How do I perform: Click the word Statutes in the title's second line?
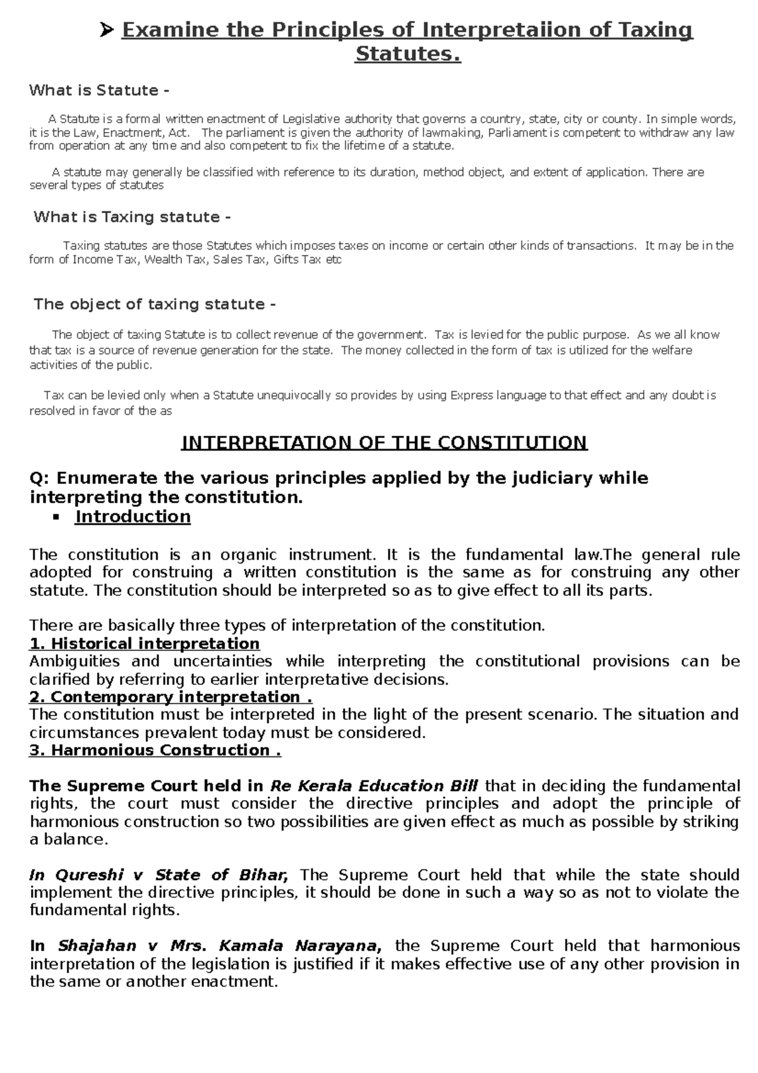coord(407,54)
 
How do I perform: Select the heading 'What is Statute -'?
coord(99,90)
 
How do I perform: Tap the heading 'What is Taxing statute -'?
coord(132,217)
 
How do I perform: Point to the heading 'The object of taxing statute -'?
coord(154,304)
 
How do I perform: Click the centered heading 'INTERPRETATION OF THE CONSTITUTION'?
coord(384,442)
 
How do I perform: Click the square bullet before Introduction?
coord(56,518)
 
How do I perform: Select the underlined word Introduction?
coord(133,517)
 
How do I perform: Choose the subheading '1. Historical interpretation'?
coord(145,644)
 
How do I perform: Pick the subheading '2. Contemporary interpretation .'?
coord(171,697)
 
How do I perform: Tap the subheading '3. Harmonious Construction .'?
coord(155,750)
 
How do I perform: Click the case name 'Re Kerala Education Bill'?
coord(374,786)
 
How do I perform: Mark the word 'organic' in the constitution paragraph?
coord(248,555)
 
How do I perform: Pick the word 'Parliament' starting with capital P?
coord(517,133)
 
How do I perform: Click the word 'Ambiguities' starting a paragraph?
coord(75,662)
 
